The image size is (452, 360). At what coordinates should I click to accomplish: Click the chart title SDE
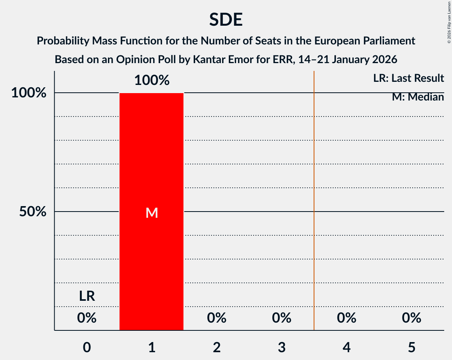(x=226, y=19)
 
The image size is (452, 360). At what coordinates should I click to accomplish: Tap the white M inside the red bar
(x=152, y=213)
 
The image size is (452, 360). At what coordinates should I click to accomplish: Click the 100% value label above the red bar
(x=152, y=81)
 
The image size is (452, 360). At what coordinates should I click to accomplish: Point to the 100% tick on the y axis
(x=29, y=93)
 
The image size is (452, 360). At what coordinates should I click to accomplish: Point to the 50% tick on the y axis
(x=33, y=212)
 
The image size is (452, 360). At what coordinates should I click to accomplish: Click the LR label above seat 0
(x=87, y=296)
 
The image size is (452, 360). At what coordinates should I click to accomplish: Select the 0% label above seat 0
(x=87, y=318)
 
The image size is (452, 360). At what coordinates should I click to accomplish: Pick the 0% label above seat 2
(x=217, y=318)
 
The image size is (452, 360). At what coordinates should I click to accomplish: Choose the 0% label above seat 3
(x=282, y=318)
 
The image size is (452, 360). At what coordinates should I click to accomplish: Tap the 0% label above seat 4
(x=346, y=318)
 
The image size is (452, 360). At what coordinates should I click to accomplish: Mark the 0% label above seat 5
(x=411, y=318)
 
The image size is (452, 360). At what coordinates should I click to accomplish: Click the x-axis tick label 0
(x=87, y=347)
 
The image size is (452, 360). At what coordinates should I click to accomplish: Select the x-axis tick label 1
(x=152, y=347)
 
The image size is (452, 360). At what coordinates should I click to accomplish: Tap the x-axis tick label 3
(x=282, y=347)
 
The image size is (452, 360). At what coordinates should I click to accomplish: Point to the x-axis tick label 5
(x=411, y=347)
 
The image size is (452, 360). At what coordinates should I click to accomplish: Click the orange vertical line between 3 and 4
(x=314, y=195)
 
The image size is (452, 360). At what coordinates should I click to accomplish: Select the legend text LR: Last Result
(x=408, y=78)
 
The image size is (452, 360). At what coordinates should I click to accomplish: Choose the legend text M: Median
(x=418, y=97)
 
